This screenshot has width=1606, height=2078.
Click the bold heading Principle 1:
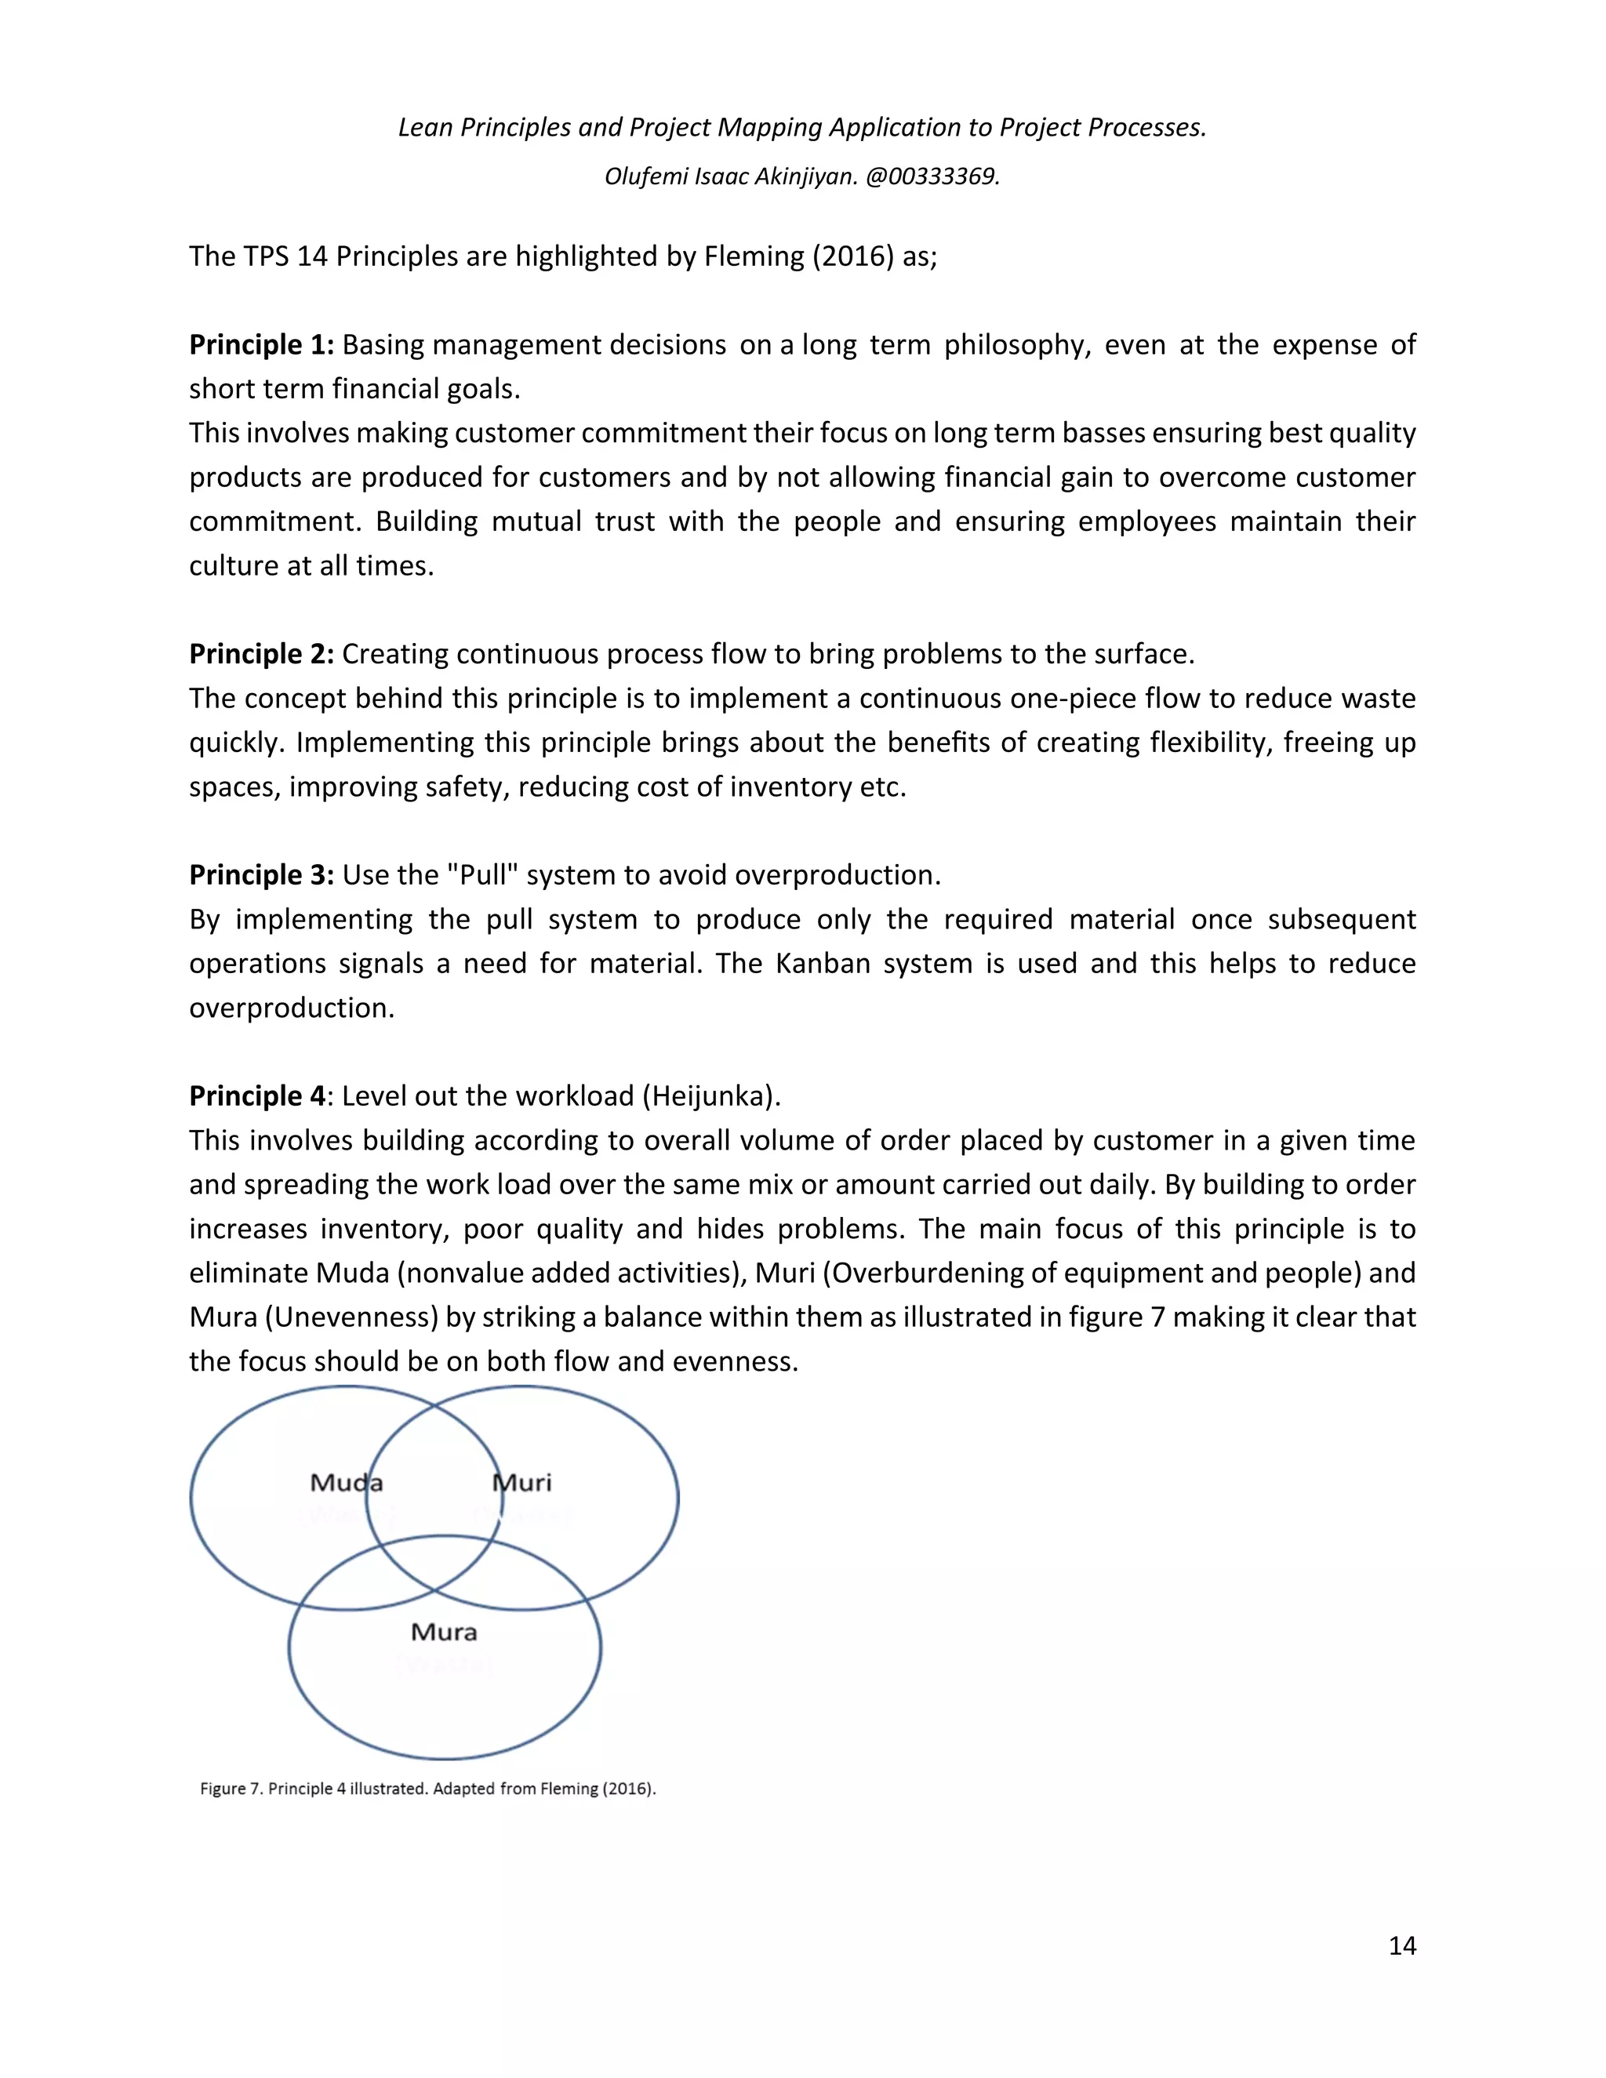260,344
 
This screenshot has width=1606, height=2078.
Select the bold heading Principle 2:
260,654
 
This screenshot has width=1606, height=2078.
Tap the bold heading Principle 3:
260,874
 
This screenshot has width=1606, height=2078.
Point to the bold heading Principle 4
257,1095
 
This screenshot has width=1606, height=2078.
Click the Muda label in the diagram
347,1481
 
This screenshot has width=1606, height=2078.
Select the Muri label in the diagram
521,1481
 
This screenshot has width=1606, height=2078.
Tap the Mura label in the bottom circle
443,1632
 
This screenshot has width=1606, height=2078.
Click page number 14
1401,1945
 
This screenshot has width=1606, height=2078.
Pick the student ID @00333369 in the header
932,177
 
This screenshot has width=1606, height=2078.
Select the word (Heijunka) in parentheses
710,1095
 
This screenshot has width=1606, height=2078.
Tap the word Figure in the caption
223,1788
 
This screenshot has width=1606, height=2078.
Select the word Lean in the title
425,128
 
